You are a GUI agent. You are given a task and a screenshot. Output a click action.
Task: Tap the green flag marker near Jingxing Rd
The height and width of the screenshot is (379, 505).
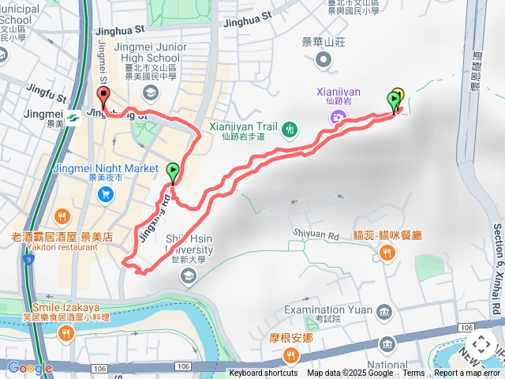tap(173, 171)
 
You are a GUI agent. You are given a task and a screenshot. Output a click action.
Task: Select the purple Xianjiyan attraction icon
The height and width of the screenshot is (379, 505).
tap(339, 118)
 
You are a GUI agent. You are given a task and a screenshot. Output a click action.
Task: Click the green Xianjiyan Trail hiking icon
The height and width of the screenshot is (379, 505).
tap(290, 128)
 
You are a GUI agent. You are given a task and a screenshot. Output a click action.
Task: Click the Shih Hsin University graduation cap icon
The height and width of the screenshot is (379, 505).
tap(188, 275)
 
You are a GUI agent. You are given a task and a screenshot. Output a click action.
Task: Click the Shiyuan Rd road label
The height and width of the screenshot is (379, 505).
tap(316, 234)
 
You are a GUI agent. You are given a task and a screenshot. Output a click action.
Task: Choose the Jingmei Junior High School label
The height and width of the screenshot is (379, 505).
tap(151, 53)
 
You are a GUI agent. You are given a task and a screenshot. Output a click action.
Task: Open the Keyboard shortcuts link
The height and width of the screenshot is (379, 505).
tap(264, 373)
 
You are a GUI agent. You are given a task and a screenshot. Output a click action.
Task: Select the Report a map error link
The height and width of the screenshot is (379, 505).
tap(467, 373)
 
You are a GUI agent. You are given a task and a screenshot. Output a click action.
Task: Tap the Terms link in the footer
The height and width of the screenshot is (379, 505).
tap(413, 373)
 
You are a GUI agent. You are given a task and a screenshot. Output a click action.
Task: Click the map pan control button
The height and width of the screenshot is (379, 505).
tap(481, 344)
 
